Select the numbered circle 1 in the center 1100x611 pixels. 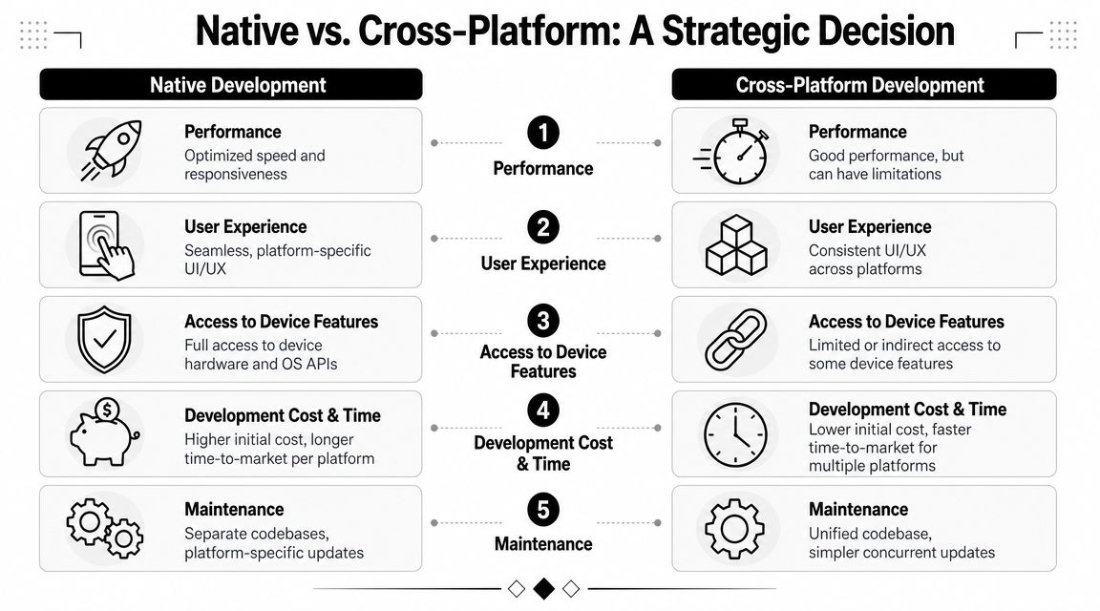click(543, 133)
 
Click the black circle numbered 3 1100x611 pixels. click(543, 321)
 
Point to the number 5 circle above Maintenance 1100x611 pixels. click(543, 509)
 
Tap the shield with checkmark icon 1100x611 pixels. click(104, 339)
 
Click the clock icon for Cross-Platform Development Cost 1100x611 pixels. click(735, 434)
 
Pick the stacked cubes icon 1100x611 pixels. click(735, 245)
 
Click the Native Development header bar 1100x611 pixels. click(230, 85)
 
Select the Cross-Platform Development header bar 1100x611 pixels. click(863, 85)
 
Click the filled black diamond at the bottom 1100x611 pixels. click(543, 588)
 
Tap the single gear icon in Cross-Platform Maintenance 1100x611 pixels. click(735, 528)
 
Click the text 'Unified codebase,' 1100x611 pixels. click(870, 534)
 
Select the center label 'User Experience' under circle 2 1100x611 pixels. click(543, 263)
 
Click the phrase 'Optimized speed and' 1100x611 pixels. click(254, 156)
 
